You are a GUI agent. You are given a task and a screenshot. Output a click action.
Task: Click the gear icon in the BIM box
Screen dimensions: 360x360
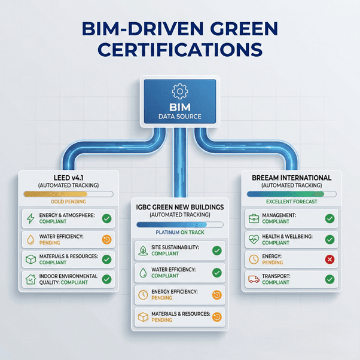click(x=180, y=91)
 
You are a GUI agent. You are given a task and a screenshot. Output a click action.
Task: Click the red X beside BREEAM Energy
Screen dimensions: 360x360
click(x=330, y=260)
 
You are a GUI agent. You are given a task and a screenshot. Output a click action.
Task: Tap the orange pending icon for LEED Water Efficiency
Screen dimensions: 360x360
click(x=107, y=240)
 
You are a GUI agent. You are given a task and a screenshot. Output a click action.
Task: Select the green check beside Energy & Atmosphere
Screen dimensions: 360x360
click(x=107, y=219)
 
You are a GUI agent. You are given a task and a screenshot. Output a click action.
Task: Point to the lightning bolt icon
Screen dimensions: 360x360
click(x=30, y=218)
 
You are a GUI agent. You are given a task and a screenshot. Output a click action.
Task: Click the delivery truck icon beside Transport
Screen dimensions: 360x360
click(x=254, y=279)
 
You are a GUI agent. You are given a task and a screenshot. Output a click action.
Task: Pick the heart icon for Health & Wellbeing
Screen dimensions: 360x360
click(x=254, y=240)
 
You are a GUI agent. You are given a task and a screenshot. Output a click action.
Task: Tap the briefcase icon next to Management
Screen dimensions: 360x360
click(x=254, y=219)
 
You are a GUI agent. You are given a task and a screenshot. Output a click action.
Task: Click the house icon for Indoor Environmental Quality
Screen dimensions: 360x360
click(x=30, y=279)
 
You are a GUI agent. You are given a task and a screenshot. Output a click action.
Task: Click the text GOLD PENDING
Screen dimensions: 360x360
click(x=68, y=202)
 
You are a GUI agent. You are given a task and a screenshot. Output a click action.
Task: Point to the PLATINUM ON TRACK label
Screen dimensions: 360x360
click(x=180, y=233)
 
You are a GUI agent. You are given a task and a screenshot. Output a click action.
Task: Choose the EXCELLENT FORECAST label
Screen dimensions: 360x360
click(x=292, y=202)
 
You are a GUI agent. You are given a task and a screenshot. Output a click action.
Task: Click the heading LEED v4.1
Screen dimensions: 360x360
click(x=68, y=178)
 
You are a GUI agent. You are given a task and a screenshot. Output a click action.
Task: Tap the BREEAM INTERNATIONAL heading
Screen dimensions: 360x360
click(x=292, y=178)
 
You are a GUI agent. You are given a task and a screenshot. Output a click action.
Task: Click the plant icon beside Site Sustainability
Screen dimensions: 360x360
click(x=143, y=251)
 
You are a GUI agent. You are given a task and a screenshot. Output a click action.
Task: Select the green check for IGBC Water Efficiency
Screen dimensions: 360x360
click(x=217, y=273)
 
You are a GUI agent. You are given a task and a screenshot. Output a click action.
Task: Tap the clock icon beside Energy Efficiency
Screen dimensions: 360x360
click(x=143, y=295)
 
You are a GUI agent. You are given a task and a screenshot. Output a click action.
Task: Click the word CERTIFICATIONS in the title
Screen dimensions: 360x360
click(x=180, y=50)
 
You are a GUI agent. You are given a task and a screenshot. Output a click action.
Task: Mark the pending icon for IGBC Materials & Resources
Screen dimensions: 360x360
click(x=217, y=317)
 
